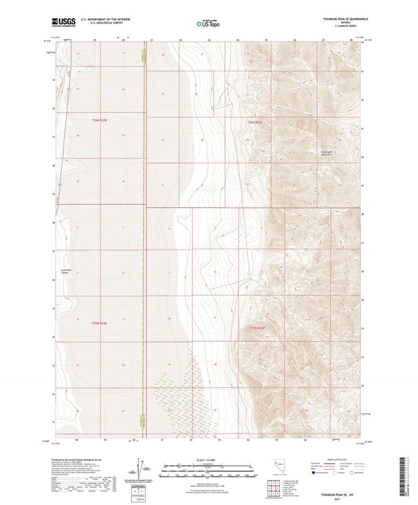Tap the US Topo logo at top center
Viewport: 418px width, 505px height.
209,24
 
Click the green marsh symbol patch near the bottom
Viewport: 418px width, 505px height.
180,392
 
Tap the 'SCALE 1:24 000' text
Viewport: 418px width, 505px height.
209,460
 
